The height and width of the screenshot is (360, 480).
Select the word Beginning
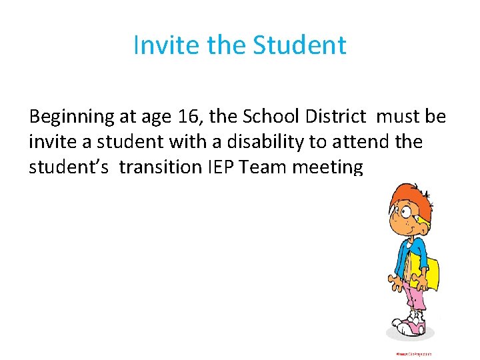coord(72,117)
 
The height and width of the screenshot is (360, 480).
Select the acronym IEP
coord(213,167)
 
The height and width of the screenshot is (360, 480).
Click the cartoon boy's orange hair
coord(397,197)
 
